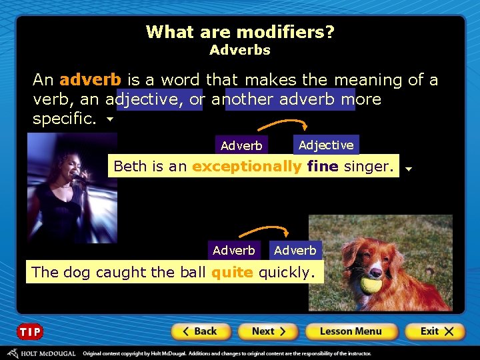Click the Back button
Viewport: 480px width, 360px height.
[x=201, y=331]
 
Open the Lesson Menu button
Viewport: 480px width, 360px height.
[x=351, y=331]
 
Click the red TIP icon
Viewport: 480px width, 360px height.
[x=29, y=332]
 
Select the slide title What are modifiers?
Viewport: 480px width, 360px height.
[x=240, y=32]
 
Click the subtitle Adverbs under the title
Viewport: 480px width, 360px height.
[x=240, y=50]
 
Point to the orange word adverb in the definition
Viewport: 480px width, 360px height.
[x=90, y=80]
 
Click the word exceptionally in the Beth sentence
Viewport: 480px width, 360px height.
[x=247, y=166]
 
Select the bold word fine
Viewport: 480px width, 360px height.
[x=323, y=166]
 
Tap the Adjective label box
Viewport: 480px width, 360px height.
[x=326, y=145]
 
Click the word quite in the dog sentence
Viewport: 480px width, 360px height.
[x=232, y=272]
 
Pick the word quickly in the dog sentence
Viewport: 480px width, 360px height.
[x=285, y=272]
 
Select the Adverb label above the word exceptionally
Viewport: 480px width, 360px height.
[x=241, y=145]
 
